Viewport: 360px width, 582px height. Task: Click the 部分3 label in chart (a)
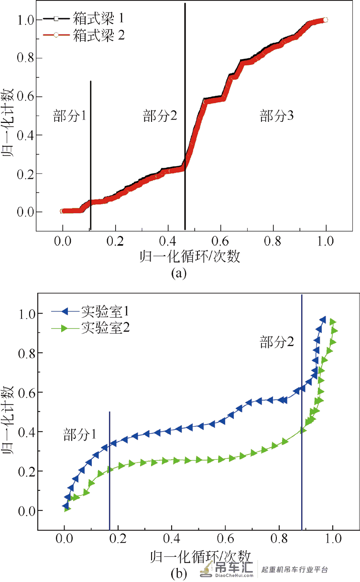(x=276, y=116)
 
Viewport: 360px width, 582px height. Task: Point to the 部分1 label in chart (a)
(x=69, y=116)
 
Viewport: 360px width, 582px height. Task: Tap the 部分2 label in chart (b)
(x=276, y=342)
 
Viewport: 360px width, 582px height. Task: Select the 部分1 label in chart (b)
(x=79, y=434)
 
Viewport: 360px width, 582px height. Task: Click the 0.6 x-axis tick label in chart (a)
(x=220, y=241)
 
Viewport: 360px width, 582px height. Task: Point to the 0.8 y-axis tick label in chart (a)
(x=25, y=58)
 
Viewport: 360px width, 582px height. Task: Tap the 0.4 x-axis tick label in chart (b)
(x=172, y=539)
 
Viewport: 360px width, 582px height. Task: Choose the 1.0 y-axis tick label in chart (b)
(x=27, y=314)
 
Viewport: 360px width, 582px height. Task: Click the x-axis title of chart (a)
(x=190, y=257)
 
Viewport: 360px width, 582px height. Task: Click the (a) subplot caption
(x=179, y=273)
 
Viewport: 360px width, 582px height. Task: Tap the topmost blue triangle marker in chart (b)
(x=323, y=320)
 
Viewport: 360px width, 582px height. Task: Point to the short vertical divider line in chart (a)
(x=90, y=155)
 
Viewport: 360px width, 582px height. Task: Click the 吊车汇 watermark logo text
(x=234, y=567)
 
